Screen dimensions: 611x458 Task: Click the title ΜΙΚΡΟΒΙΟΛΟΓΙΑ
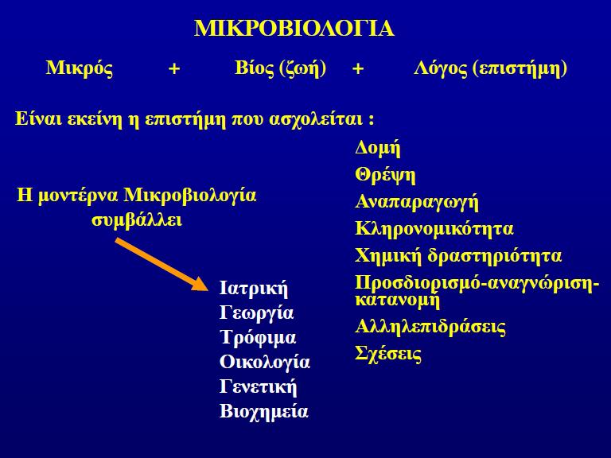click(x=294, y=29)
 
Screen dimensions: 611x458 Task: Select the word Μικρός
click(x=80, y=68)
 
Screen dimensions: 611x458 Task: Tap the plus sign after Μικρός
click(x=174, y=69)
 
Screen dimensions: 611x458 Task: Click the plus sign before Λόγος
click(x=358, y=69)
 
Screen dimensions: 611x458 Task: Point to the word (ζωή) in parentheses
click(x=302, y=69)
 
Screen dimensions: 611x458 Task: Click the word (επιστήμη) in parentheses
click(x=520, y=69)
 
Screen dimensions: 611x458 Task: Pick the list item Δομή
click(x=378, y=149)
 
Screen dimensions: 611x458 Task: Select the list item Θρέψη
click(x=385, y=175)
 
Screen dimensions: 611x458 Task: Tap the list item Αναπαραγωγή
click(x=417, y=203)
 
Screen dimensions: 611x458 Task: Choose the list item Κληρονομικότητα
click(x=434, y=229)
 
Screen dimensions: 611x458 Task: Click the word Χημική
click(x=388, y=256)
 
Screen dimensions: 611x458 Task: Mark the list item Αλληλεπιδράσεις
click(x=430, y=326)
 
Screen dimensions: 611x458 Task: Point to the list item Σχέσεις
click(x=388, y=355)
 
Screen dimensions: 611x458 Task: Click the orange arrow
click(x=161, y=265)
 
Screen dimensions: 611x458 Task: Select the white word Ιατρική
click(x=254, y=289)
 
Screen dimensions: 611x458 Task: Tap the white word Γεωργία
click(x=256, y=313)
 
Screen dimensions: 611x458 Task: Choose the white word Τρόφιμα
click(x=258, y=337)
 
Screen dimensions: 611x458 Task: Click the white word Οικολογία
click(x=265, y=363)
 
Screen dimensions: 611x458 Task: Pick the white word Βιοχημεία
click(x=264, y=411)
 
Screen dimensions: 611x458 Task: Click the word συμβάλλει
click(x=137, y=220)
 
